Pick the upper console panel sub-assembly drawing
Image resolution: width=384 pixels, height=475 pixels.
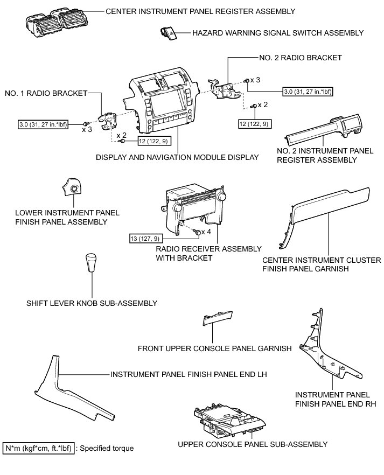229,420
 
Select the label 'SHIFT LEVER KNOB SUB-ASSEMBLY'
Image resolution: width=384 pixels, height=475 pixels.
92,303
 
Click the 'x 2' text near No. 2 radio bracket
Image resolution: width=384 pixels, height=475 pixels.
263,104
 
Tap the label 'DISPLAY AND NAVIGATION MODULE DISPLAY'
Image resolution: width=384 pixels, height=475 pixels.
177,157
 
